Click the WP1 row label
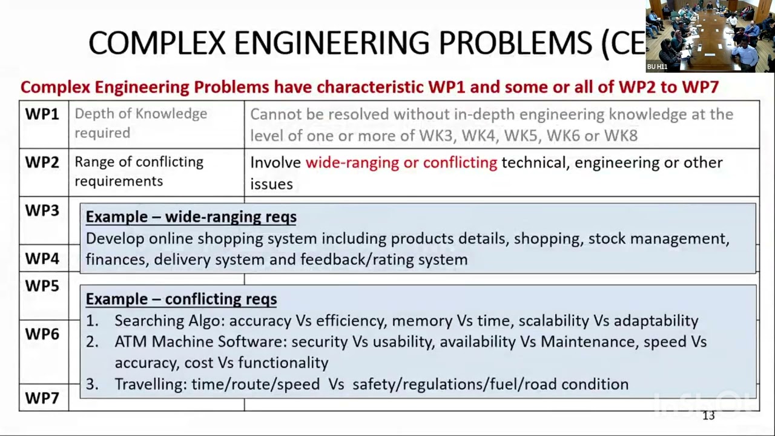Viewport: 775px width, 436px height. coord(42,114)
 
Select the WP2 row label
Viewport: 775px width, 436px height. coord(42,162)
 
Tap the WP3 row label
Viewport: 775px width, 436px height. coord(42,211)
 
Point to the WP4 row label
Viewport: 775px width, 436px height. coord(42,259)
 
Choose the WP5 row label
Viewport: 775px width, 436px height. coord(42,286)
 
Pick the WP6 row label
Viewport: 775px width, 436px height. coord(42,334)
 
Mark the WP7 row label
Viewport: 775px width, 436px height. coord(42,398)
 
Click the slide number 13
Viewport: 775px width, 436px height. coord(708,415)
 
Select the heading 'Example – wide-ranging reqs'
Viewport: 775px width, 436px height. coord(191,217)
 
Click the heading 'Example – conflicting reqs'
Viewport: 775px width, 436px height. coord(181,299)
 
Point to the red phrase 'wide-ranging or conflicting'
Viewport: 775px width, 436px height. coord(401,162)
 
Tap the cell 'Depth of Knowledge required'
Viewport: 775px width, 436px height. coord(140,123)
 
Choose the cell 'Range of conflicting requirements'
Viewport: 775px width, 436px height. coord(139,171)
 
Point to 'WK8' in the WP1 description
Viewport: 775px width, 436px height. coord(622,136)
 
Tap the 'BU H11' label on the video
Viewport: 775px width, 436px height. coord(657,67)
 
